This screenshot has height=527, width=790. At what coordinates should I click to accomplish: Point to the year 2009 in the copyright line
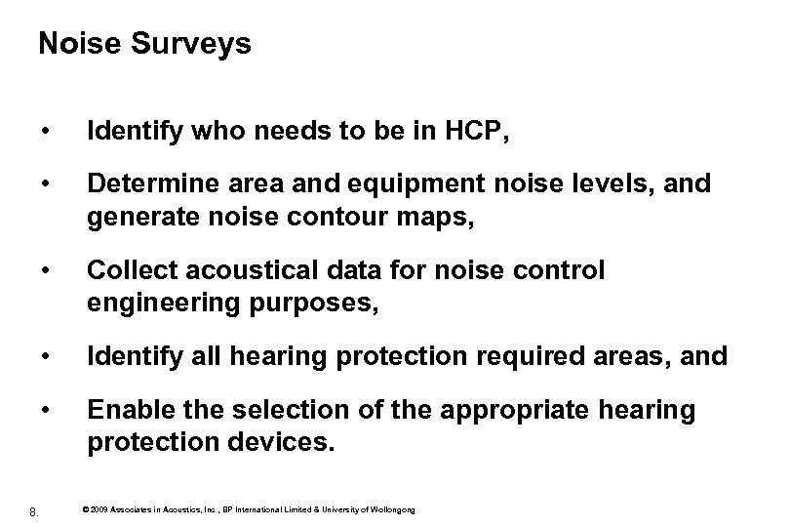(x=103, y=509)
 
